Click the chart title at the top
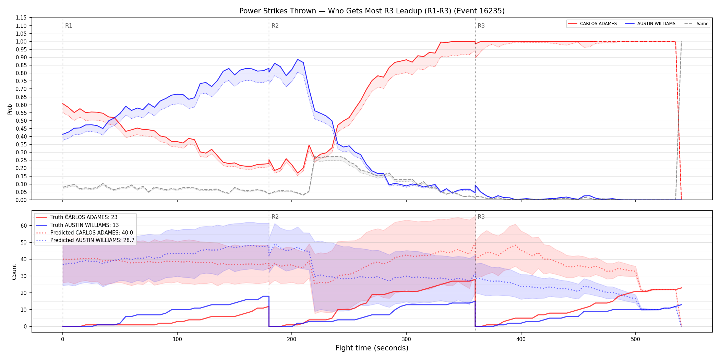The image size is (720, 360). pos(372,11)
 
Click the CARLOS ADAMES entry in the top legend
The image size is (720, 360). pos(598,24)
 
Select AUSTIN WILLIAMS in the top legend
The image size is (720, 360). pos(656,24)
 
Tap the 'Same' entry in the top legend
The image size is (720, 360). pos(702,24)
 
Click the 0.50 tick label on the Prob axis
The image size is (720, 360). pos(21,121)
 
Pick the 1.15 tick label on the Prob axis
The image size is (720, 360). pos(21,18)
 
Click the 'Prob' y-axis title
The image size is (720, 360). pos(10,109)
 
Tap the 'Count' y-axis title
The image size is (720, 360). pos(14,272)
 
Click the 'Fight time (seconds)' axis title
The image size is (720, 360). pos(372,348)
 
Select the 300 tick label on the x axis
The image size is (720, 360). pos(406,339)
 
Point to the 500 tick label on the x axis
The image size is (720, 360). pos(635,339)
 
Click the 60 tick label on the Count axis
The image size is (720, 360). pos(24,226)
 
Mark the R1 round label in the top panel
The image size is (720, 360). pos(69,26)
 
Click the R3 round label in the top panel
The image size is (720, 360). pos(481,26)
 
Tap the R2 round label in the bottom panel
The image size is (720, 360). pos(275,217)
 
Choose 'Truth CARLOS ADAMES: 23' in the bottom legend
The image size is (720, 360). pos(84,217)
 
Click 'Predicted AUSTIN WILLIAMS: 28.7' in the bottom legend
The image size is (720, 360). pos(92,240)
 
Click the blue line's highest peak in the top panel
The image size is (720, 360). pos(297,59)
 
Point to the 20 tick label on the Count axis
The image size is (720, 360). pos(24,293)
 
